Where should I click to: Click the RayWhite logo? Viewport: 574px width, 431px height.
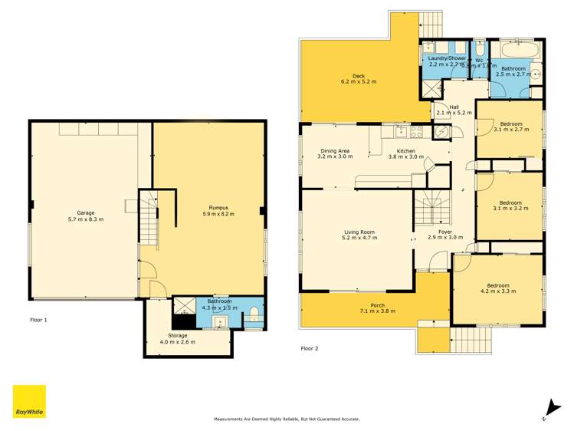[29, 402]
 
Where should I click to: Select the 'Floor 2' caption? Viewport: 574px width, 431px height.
[310, 348]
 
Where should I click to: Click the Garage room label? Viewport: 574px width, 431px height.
[85, 215]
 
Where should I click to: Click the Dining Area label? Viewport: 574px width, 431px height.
[335, 153]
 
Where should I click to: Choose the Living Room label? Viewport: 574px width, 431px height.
[357, 235]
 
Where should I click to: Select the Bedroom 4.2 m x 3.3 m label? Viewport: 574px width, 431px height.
[494, 288]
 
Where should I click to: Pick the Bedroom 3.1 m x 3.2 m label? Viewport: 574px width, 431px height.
[510, 206]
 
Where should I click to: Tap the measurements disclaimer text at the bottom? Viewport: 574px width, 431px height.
[287, 419]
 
